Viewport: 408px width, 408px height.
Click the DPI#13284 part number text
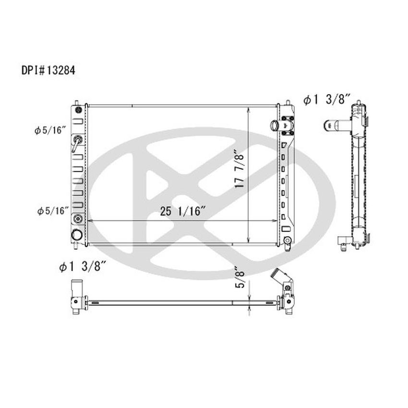point(48,71)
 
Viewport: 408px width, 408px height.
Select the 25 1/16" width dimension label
point(183,211)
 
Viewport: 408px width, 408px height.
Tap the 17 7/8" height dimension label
point(240,170)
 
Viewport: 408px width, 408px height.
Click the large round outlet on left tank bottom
point(76,235)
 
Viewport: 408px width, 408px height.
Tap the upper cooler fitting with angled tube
point(77,142)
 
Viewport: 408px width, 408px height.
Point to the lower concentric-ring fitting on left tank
point(77,219)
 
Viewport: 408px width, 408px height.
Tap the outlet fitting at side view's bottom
point(344,242)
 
